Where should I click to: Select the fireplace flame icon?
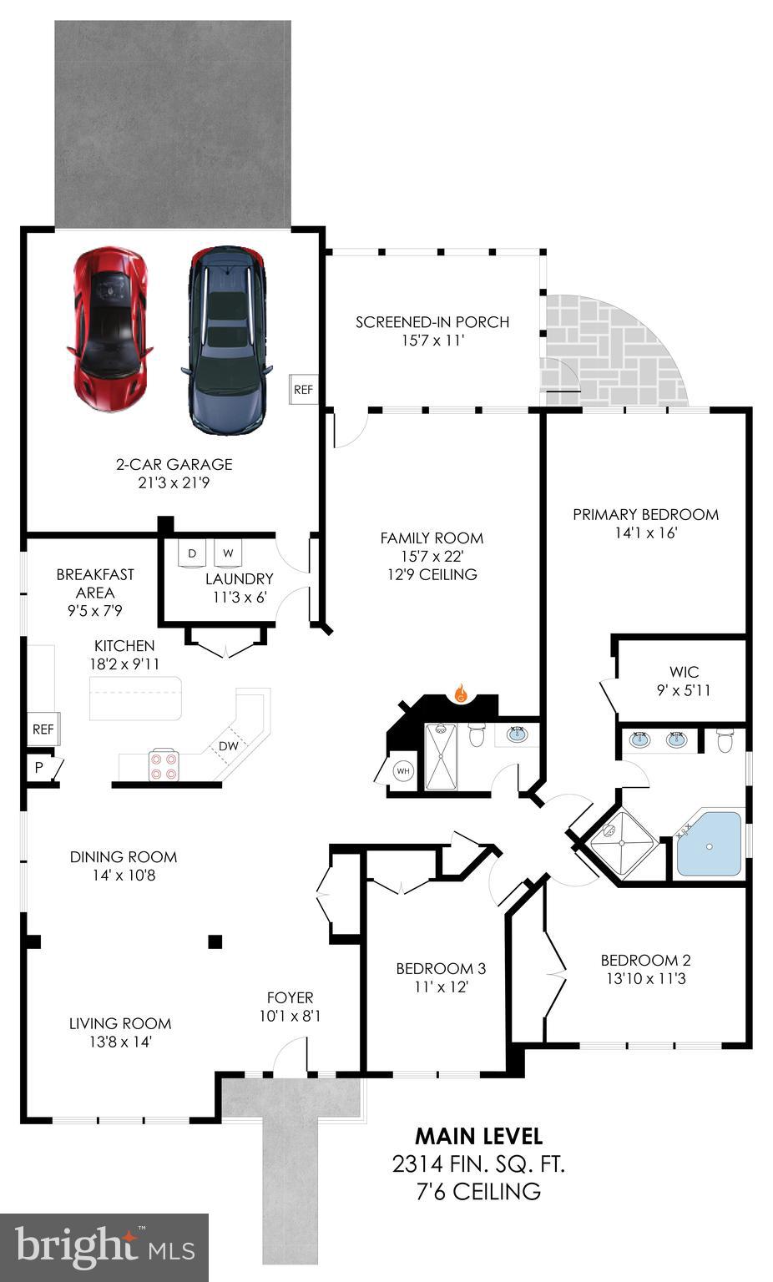pyautogui.click(x=459, y=692)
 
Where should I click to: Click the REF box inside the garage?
pyautogui.click(x=303, y=389)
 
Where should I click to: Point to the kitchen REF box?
pyautogui.click(x=43, y=729)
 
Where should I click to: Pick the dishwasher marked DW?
pyautogui.click(x=228, y=745)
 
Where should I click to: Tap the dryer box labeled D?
pyautogui.click(x=193, y=553)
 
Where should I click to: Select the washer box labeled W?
pyautogui.click(x=228, y=553)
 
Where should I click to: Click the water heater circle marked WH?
pyautogui.click(x=404, y=770)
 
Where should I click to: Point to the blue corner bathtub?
pyautogui.click(x=708, y=843)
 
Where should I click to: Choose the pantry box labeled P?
pyautogui.click(x=39, y=768)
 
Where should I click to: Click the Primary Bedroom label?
pyautogui.click(x=645, y=514)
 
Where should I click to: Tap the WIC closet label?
pyautogui.click(x=684, y=672)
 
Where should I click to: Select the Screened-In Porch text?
pyautogui.click(x=432, y=322)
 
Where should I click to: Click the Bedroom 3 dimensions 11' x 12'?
pyautogui.click(x=441, y=987)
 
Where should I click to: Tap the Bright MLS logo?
pyautogui.click(x=104, y=1247)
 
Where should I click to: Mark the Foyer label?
pyautogui.click(x=290, y=997)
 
